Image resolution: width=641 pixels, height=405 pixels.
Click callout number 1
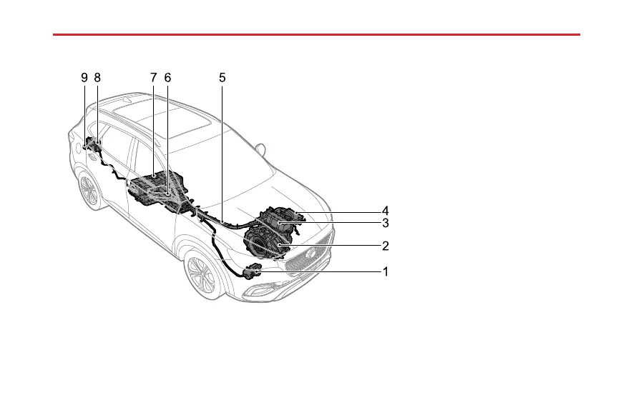pos(385,271)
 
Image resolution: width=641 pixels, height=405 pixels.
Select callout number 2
pos(385,246)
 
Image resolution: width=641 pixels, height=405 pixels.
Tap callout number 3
pos(385,223)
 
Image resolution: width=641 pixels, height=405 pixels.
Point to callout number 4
pos(385,211)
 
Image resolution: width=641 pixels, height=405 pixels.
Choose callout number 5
pos(222,76)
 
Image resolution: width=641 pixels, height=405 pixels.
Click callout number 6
pos(167,76)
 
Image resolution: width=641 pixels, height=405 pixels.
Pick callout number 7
pos(153,76)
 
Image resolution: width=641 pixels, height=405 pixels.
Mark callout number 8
pos(98,76)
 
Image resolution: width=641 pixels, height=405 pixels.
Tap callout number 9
pos(84,76)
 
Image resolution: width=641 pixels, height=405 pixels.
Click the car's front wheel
pos(202,275)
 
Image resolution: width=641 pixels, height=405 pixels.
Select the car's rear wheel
pos(89,191)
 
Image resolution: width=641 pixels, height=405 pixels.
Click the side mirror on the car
pos(260,150)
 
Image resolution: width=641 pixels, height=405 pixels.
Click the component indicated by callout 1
pos(252,271)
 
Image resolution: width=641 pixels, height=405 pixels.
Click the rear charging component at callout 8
pos(96,149)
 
